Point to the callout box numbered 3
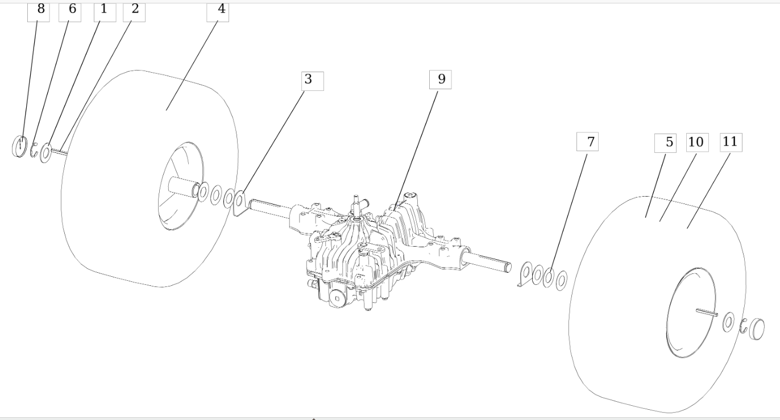(x=312, y=81)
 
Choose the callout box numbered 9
(x=440, y=80)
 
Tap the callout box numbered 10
(x=696, y=143)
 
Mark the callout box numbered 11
(x=731, y=143)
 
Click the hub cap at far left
(x=19, y=146)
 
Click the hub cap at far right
(x=757, y=330)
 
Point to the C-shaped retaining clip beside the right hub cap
(x=743, y=327)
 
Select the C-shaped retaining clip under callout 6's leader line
(x=34, y=149)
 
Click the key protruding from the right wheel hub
(x=707, y=311)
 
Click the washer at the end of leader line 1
(x=46, y=153)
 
